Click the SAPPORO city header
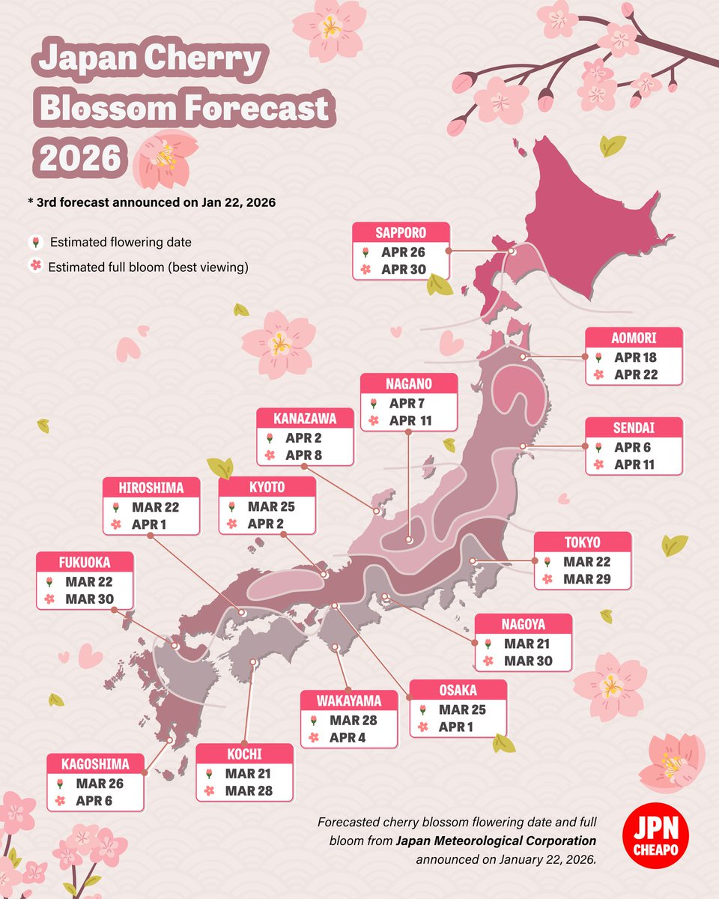pyautogui.click(x=401, y=232)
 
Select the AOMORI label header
pyautogui.click(x=634, y=338)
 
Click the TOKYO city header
pyautogui.click(x=582, y=542)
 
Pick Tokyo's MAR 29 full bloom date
pyautogui.click(x=588, y=579)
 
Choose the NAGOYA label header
pyautogui.click(x=524, y=624)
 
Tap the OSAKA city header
pyautogui.click(x=458, y=690)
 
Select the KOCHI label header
pyautogui.click(x=244, y=754)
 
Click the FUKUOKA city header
pyautogui.click(x=85, y=563)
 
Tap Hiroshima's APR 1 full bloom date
pyautogui.click(x=149, y=524)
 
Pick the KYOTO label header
pyautogui.click(x=267, y=488)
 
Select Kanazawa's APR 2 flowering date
pyautogui.click(x=303, y=438)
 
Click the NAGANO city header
pyautogui.click(x=408, y=384)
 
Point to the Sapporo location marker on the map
pyautogui.click(x=512, y=252)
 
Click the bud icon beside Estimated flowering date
pyautogui.click(x=34, y=242)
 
